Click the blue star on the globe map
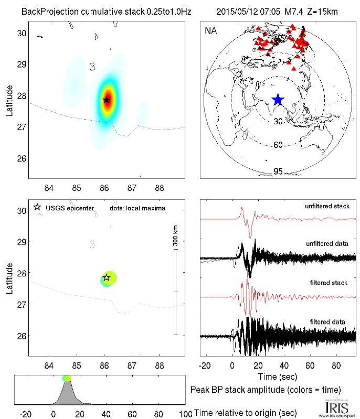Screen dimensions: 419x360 pos(278,100)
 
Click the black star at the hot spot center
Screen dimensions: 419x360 pos(107,100)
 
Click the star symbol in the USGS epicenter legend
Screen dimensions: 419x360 pos(37,208)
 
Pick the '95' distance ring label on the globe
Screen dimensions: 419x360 pos(278,171)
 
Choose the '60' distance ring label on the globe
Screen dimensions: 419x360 pos(278,145)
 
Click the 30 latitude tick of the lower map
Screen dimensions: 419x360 pos(22,211)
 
